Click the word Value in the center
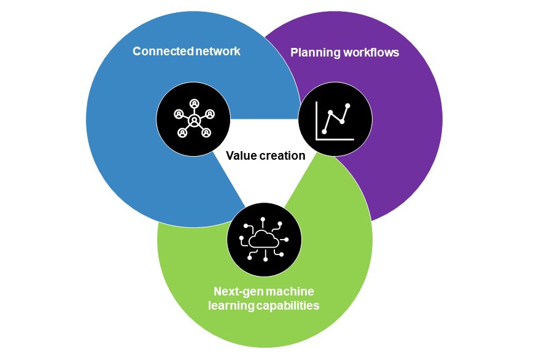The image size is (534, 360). click(x=240, y=155)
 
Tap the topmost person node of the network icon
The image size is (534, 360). click(x=194, y=103)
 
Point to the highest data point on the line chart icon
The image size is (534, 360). click(x=348, y=106)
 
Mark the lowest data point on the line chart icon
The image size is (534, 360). click(x=324, y=131)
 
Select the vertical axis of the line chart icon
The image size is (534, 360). click(x=316, y=120)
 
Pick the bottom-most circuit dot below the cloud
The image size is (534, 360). click(x=265, y=260)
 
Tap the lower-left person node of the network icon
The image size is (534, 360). click(x=182, y=132)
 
